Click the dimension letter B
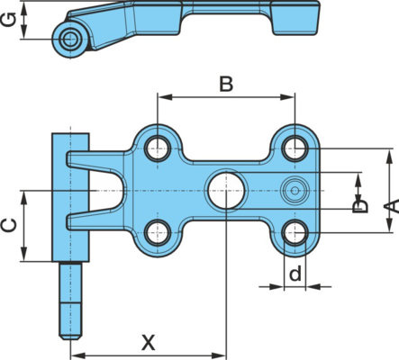226,85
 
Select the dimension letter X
149,343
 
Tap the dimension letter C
9,226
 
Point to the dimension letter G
9,21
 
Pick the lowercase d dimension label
295,273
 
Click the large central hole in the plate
226,190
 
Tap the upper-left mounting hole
158,148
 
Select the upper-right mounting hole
295,148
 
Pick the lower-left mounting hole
158,232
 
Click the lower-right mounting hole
295,232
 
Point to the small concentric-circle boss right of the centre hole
295,190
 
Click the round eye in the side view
70,39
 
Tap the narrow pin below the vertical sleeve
70,301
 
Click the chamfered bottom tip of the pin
70,337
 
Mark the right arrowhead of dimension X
218,355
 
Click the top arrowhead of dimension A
389,157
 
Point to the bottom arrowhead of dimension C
24,254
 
